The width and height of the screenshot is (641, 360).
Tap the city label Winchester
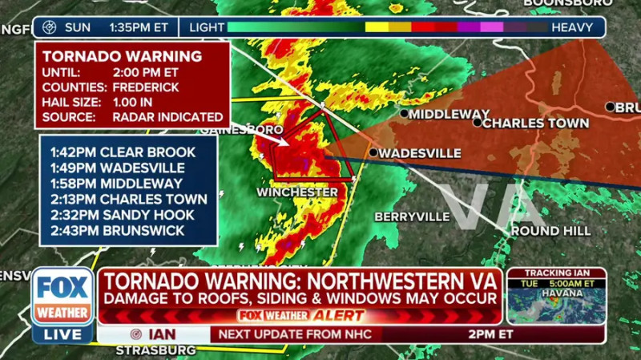(296, 192)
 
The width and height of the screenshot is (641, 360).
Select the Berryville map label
(412, 216)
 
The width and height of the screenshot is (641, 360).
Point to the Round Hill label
(550, 231)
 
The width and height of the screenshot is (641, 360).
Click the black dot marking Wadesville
(373, 152)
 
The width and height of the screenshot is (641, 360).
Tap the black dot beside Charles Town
(478, 123)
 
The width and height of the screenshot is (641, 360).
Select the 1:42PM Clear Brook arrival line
(122, 152)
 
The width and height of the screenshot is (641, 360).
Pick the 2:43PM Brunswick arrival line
(117, 231)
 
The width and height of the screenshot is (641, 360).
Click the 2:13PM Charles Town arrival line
(128, 199)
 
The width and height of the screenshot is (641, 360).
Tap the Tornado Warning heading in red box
(122, 56)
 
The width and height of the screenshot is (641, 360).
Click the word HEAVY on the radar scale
(572, 27)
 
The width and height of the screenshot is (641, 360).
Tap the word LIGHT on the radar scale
(207, 27)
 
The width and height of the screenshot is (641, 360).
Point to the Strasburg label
(155, 350)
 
